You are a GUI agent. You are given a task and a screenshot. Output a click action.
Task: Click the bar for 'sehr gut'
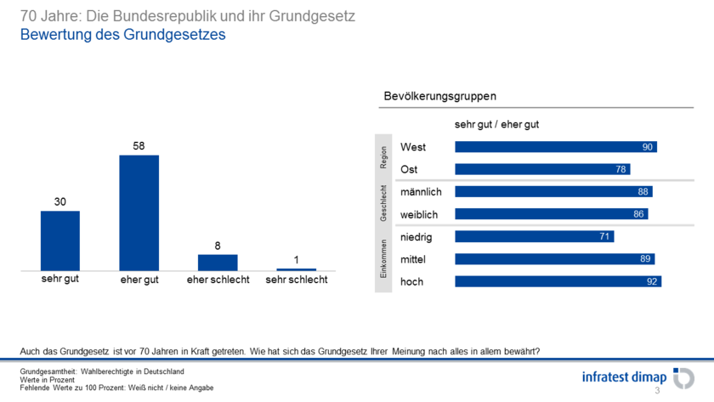(x=60, y=241)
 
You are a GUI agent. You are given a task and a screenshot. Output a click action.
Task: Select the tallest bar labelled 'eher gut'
(x=139, y=212)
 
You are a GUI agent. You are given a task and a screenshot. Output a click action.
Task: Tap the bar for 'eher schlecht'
(x=218, y=262)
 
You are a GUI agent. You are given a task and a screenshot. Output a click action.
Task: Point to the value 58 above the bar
(x=139, y=146)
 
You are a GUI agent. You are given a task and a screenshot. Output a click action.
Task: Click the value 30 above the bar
(x=60, y=201)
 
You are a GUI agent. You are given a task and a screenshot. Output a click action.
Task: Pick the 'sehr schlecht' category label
(x=297, y=280)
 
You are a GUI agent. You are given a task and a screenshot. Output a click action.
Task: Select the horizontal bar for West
(x=556, y=147)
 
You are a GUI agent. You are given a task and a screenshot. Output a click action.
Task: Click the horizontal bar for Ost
(x=542, y=169)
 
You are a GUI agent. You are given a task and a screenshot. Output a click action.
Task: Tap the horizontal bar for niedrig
(x=535, y=236)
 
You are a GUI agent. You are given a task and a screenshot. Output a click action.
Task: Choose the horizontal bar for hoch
(x=558, y=281)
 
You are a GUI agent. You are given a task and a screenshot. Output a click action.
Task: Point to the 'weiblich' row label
(x=419, y=214)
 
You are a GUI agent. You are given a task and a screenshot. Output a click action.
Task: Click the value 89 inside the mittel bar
(x=645, y=259)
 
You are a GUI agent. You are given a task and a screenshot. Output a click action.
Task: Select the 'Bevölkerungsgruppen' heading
(x=439, y=97)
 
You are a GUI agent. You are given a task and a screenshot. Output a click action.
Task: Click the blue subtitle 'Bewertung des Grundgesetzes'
(x=122, y=36)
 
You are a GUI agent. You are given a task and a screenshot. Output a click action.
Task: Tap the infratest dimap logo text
(x=624, y=376)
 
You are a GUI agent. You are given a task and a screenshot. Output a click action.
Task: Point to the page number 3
(x=656, y=391)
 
